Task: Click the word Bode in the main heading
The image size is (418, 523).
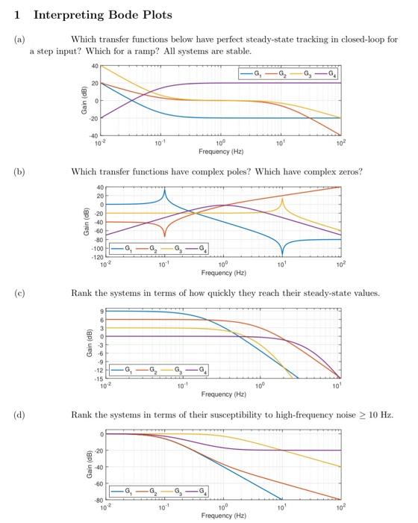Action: pyautogui.click(x=102, y=15)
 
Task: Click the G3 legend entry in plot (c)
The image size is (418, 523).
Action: pyautogui.click(x=177, y=370)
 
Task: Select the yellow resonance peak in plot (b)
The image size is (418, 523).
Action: pyautogui.click(x=282, y=199)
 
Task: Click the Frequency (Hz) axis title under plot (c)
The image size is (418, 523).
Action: pyautogui.click(x=223, y=393)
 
